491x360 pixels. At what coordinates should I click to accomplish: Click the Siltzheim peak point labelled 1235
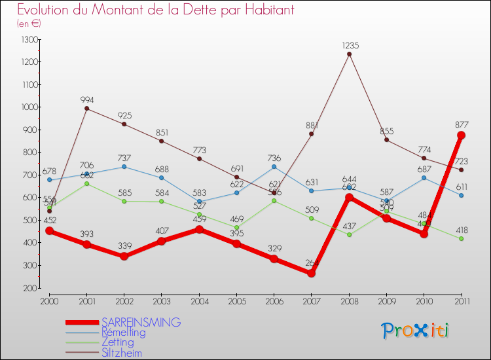click(349, 54)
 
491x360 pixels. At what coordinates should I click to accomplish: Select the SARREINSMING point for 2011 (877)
click(461, 135)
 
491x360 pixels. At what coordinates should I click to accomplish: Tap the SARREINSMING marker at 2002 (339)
click(124, 256)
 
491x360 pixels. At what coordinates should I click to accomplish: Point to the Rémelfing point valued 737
click(124, 166)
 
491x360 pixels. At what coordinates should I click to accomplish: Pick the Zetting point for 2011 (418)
click(461, 238)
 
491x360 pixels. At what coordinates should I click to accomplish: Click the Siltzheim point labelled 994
click(86, 109)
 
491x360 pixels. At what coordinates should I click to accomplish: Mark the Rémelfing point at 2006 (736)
click(274, 166)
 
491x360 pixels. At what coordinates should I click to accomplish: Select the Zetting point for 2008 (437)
click(349, 234)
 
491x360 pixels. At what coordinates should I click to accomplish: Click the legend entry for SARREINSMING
click(141, 322)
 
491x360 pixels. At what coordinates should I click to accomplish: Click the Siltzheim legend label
click(121, 353)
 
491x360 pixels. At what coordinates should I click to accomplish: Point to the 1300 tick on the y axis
click(29, 40)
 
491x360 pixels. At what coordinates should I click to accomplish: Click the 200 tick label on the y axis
click(29, 288)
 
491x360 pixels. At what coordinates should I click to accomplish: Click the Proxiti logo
click(414, 331)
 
